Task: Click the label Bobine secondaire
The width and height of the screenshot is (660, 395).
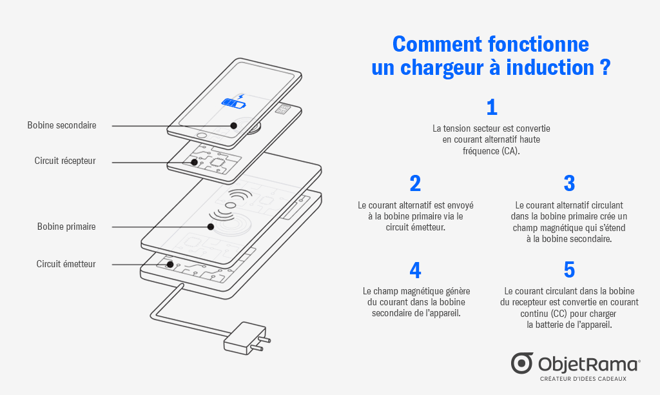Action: (x=62, y=125)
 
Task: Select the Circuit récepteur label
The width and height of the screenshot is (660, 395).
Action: (x=65, y=161)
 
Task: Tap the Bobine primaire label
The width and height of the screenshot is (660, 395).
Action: (x=66, y=227)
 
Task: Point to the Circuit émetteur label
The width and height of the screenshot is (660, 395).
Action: (x=66, y=264)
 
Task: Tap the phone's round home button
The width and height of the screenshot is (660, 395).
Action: (x=202, y=136)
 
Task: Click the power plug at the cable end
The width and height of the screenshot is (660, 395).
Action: (x=247, y=338)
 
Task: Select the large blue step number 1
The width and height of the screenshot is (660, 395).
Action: (x=492, y=107)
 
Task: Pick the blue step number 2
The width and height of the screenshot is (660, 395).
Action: (x=415, y=183)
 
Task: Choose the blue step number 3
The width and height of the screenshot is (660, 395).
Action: (x=569, y=183)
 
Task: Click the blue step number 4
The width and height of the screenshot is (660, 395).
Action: (x=415, y=270)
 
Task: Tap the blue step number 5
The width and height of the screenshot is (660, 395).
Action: (x=569, y=270)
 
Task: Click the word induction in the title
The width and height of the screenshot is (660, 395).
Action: (x=550, y=68)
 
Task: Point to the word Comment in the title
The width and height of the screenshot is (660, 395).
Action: (x=438, y=44)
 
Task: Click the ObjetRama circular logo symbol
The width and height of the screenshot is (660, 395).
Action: (x=522, y=363)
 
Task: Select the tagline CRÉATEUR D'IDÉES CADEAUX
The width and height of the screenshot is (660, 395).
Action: (x=583, y=379)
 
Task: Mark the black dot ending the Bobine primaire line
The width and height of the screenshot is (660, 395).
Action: (x=211, y=227)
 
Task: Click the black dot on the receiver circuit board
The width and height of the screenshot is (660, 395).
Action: (x=195, y=162)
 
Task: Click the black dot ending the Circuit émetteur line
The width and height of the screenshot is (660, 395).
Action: (x=170, y=265)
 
